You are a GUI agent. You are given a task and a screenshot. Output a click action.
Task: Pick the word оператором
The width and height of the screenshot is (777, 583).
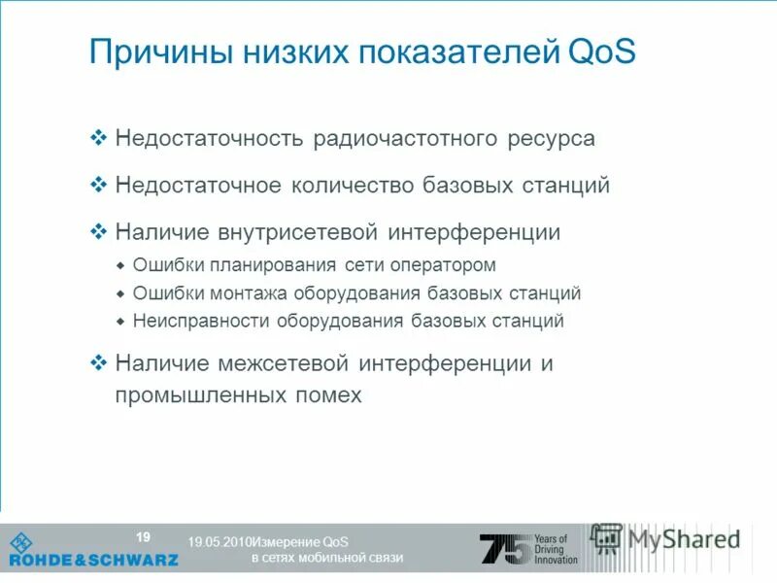pyautogui.click(x=445, y=265)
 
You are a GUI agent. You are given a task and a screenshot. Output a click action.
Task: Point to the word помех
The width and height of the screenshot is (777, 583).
pyautogui.click(x=330, y=395)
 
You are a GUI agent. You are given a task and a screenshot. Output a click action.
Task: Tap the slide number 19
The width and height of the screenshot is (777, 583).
pyautogui.click(x=143, y=537)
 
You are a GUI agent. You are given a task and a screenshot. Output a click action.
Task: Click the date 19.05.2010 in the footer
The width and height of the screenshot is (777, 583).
pyautogui.click(x=219, y=541)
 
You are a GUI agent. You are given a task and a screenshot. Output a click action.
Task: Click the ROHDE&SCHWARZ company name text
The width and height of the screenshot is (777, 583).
pyautogui.click(x=94, y=560)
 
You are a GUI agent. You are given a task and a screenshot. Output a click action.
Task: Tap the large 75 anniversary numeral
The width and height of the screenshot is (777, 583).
pyautogui.click(x=505, y=549)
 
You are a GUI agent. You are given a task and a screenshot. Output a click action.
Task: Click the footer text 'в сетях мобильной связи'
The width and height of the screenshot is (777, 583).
pyautogui.click(x=326, y=558)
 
